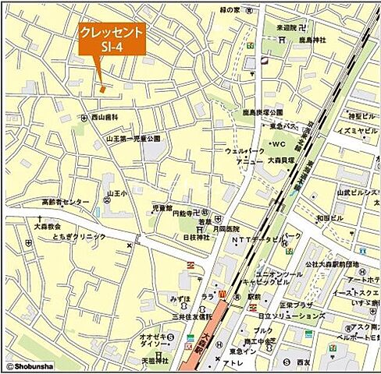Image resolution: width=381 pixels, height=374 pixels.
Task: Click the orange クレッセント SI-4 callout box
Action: pos(112,39)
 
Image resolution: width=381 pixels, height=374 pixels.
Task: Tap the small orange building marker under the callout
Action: pos(102,89)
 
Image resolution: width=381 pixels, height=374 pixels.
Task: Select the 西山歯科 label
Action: pos(105,117)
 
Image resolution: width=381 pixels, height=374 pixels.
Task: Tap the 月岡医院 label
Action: pos(232,230)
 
